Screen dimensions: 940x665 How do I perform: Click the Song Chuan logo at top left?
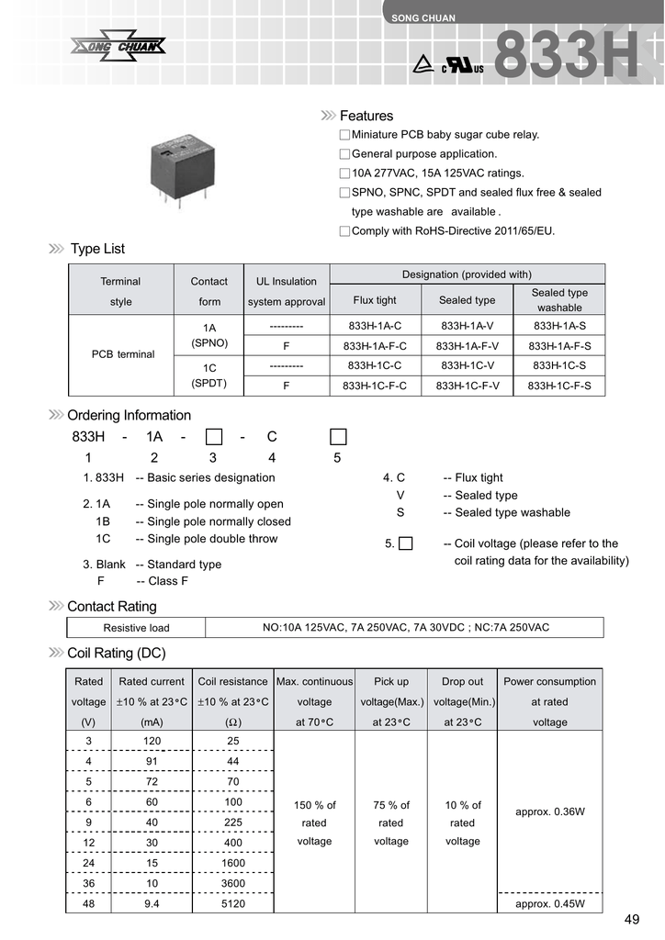[118, 46]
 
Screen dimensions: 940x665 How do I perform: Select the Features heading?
[366, 116]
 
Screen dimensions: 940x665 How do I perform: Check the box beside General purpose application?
[344, 154]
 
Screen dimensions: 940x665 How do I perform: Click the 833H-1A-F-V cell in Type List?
[468, 346]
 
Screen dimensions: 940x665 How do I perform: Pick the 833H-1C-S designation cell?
[559, 365]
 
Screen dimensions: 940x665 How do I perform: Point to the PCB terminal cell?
[123, 354]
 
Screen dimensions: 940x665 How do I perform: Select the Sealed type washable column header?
[559, 300]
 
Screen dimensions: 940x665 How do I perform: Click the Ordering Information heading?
[129, 415]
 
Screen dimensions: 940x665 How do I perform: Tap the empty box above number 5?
[338, 436]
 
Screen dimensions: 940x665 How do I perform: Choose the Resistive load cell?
[136, 628]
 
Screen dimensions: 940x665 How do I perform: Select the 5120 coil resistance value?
[233, 904]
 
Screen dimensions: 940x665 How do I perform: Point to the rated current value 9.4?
[152, 904]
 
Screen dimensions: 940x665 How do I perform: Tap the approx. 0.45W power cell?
[550, 904]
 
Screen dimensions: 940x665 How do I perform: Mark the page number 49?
[631, 921]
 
